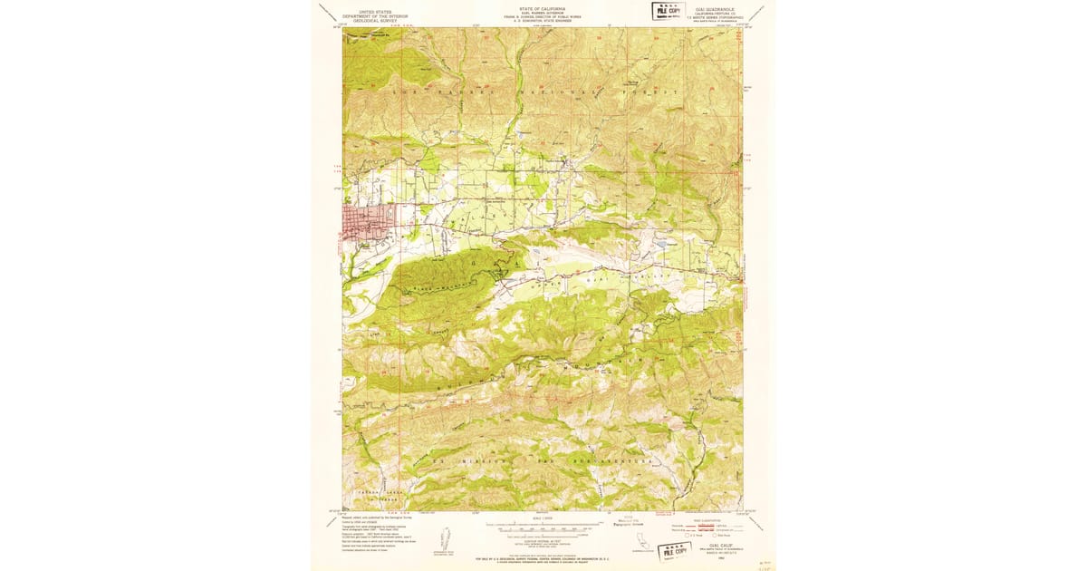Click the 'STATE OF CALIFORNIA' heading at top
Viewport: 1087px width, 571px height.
[543, 6]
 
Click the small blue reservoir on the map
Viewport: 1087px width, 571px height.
[668, 243]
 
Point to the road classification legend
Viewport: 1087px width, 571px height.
[708, 528]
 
